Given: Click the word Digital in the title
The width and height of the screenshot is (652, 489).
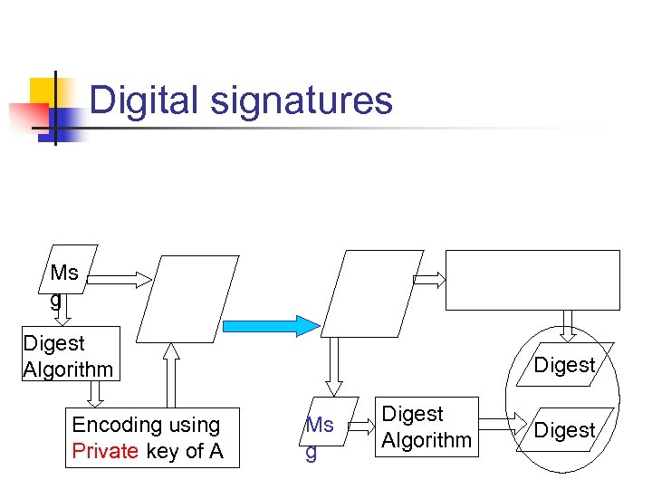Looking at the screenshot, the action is tap(146, 100).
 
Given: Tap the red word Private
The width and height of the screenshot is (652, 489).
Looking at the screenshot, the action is tap(103, 451).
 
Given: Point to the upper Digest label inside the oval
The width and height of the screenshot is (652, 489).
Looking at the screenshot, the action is tap(564, 365).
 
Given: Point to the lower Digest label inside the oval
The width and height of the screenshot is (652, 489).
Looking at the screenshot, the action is tap(564, 430).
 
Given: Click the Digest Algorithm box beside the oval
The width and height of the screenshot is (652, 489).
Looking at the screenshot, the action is tap(427, 427).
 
